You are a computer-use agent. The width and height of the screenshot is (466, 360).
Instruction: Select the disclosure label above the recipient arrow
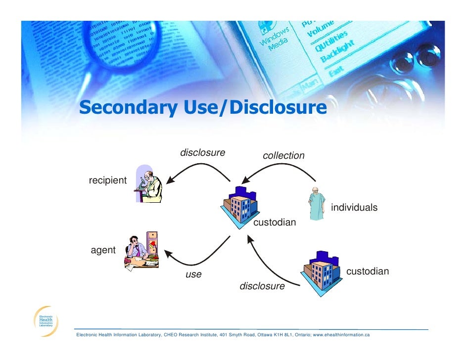coord(202,152)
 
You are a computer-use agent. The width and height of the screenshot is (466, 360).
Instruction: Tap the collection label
coord(283,156)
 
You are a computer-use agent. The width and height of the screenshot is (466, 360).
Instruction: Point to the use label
coord(193,274)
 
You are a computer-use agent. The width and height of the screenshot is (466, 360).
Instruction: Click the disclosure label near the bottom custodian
coord(262,286)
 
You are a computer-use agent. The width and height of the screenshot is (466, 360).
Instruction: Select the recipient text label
coord(107,180)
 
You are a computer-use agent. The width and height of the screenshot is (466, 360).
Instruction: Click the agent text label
coord(103,250)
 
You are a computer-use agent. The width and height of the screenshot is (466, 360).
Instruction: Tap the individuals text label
coord(354,208)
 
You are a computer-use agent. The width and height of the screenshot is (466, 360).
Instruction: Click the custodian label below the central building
coord(275,223)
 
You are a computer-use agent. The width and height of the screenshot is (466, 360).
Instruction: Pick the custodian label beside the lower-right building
coord(367,271)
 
